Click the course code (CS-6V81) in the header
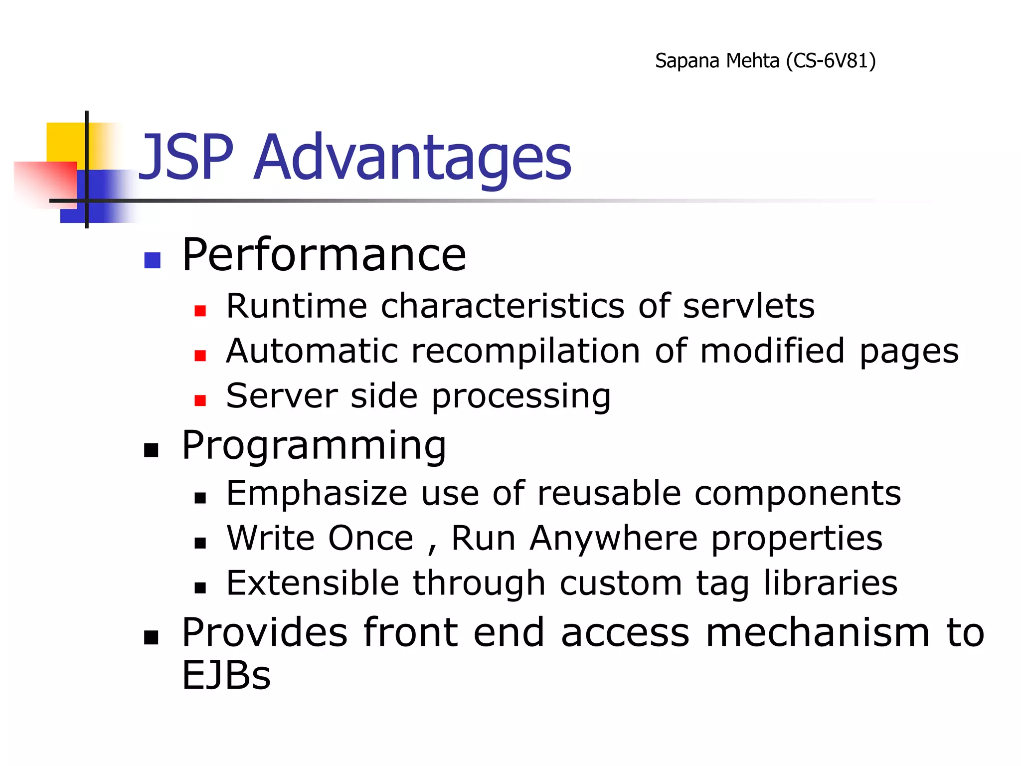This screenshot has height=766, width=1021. pyautogui.click(x=831, y=61)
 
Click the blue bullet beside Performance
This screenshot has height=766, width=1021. pyautogui.click(x=152, y=260)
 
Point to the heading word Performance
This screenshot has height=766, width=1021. pyautogui.click(x=324, y=255)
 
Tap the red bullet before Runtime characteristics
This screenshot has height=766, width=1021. pyautogui.click(x=200, y=311)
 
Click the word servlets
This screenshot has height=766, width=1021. pyautogui.click(x=748, y=306)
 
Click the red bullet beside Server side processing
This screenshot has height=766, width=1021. pyautogui.click(x=200, y=400)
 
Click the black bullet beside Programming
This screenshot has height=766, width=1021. pyautogui.click(x=151, y=450)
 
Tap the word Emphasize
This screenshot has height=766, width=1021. pyautogui.click(x=317, y=494)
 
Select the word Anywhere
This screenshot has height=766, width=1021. pyautogui.click(x=613, y=539)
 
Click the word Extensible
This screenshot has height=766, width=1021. pyautogui.click(x=313, y=583)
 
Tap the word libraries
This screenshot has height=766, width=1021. pyautogui.click(x=831, y=583)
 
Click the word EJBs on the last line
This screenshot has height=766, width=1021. pyautogui.click(x=226, y=675)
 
